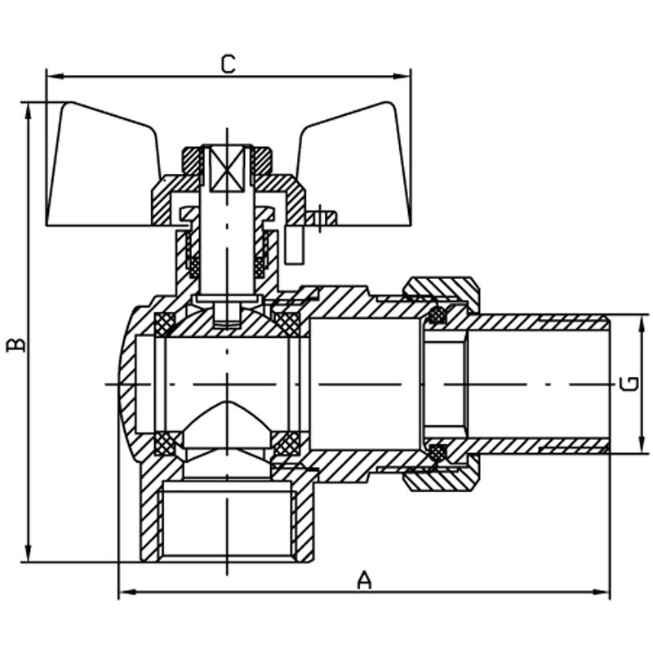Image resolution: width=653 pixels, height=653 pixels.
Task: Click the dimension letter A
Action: click(x=365, y=580)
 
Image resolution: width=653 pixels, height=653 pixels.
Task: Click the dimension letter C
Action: click(x=229, y=64)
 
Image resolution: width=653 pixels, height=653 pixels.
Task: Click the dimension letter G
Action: click(x=629, y=383)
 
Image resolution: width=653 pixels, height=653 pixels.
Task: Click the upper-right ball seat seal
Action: click(x=287, y=322)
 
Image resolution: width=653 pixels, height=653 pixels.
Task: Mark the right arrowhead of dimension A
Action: click(x=605, y=592)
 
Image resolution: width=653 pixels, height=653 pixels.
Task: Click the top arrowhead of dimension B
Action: click(x=29, y=109)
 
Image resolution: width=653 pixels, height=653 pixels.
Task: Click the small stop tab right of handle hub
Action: click(x=323, y=218)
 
